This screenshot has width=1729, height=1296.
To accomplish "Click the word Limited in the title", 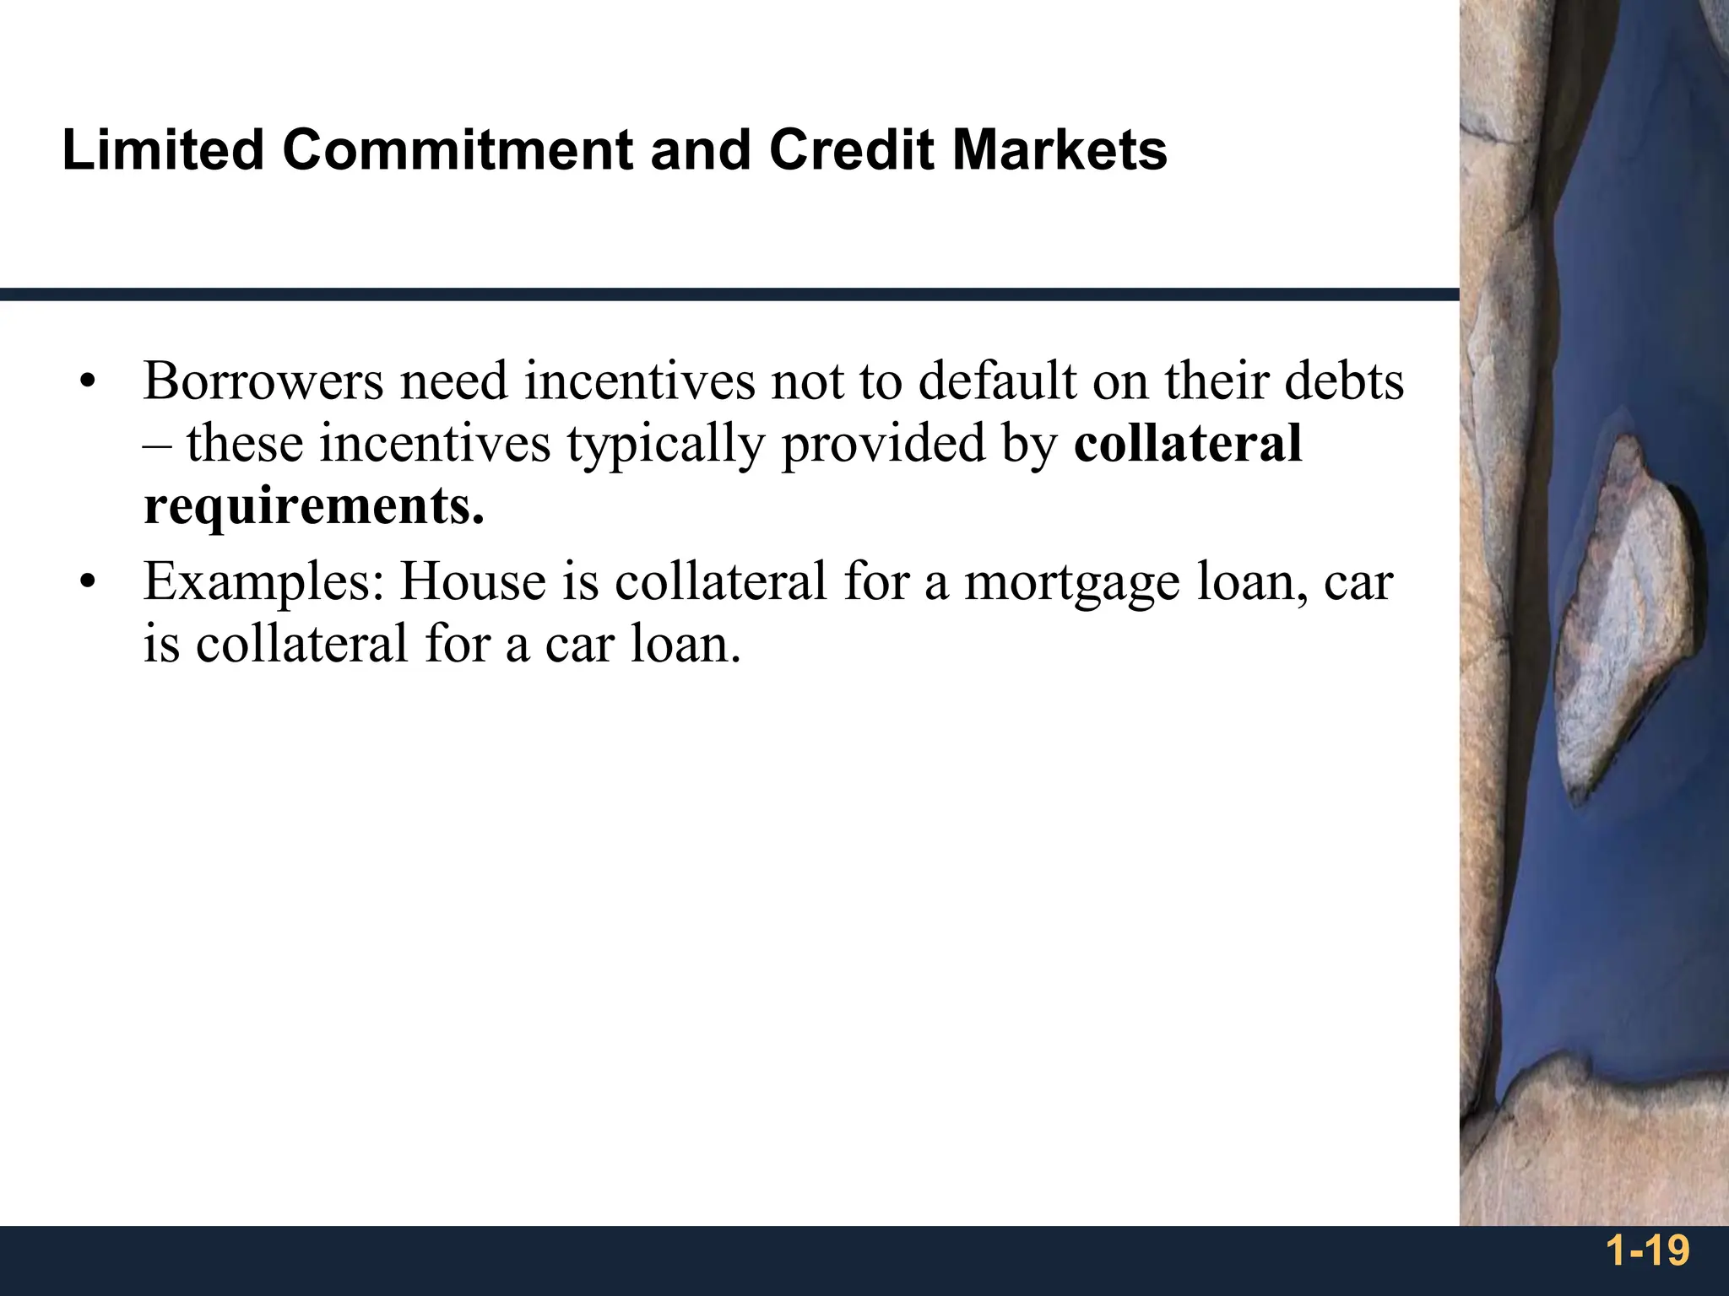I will (163, 151).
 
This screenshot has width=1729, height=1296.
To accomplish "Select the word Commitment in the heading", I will (457, 151).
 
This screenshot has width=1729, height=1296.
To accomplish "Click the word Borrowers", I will (263, 381).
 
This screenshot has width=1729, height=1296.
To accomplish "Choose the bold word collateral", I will (1187, 445).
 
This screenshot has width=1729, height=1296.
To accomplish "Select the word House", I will (472, 582).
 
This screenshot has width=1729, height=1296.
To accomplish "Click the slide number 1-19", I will (1648, 1250).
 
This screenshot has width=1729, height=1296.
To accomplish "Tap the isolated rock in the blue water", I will (1621, 616).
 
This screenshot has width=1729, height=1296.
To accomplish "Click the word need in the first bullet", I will (453, 381).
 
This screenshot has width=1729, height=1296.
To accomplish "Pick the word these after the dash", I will (245, 445).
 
